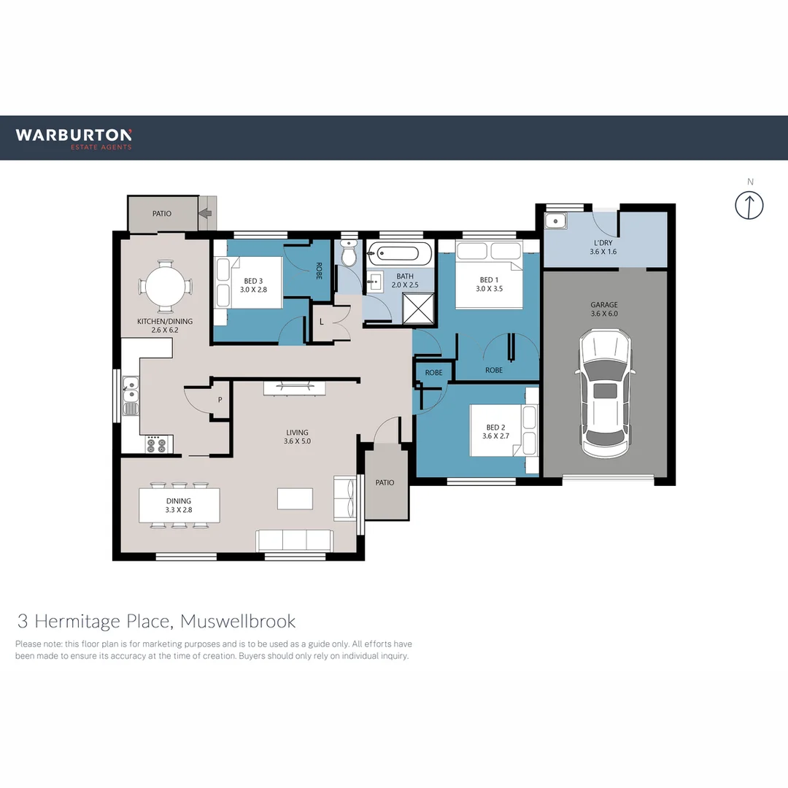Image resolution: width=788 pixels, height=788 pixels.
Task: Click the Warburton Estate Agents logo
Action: (x=74, y=139)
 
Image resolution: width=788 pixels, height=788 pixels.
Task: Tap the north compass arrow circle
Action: (x=749, y=205)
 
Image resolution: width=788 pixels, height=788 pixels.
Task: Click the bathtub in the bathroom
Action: (x=399, y=252)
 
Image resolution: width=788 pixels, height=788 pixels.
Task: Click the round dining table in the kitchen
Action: (x=165, y=287)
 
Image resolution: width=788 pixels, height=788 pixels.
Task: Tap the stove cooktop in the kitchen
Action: (x=155, y=444)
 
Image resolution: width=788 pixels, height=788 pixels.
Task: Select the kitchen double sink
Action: (x=131, y=396)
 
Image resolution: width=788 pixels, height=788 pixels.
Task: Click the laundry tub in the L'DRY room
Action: (x=556, y=221)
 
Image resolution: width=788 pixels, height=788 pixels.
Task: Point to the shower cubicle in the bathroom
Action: (x=418, y=309)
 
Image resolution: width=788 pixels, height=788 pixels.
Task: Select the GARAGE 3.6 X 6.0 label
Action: (x=604, y=309)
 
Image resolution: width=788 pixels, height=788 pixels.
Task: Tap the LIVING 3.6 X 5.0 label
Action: (x=297, y=437)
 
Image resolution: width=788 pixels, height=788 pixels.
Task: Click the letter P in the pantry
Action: (x=220, y=400)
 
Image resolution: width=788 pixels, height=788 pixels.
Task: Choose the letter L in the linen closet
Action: (x=321, y=322)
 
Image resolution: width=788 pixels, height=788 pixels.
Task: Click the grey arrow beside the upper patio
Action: (x=205, y=213)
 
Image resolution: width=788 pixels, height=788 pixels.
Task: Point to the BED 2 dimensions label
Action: (x=495, y=436)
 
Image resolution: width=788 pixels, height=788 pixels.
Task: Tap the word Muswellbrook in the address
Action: (x=238, y=621)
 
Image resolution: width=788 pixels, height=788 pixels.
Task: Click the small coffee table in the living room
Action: (x=295, y=498)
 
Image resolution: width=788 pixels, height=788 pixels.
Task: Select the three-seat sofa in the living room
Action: (x=295, y=540)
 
